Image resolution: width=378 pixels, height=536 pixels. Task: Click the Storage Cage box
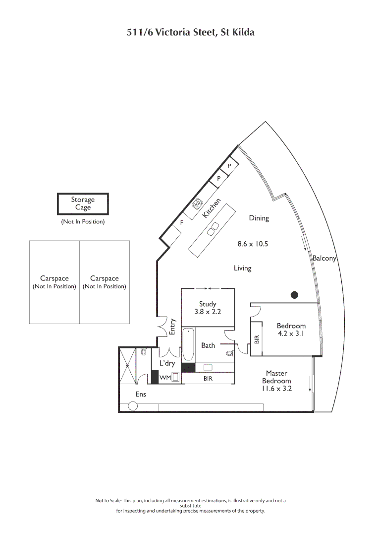83,203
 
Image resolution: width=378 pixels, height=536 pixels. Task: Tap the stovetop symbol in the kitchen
197,203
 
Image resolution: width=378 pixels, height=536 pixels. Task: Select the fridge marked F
181,223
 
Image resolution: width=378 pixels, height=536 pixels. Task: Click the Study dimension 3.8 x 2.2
208,312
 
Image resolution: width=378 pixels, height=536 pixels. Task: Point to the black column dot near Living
294,295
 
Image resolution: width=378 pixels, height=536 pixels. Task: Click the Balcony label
324,258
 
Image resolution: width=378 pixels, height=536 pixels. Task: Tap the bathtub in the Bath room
188,345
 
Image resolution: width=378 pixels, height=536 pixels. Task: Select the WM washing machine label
165,378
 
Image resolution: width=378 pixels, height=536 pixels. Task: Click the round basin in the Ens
133,406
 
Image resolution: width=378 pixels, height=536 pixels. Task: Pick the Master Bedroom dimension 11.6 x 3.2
276,389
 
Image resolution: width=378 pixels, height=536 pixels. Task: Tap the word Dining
259,218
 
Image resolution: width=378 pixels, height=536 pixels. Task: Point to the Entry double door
162,327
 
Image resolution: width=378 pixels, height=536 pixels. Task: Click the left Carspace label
54,279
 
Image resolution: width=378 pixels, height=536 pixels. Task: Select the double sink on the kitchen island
214,229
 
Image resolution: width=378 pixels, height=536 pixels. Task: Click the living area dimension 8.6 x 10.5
253,244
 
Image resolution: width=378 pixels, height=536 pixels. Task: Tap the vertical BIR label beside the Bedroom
257,339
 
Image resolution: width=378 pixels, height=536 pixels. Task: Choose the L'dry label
167,364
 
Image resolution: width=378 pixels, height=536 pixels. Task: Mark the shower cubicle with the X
127,366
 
